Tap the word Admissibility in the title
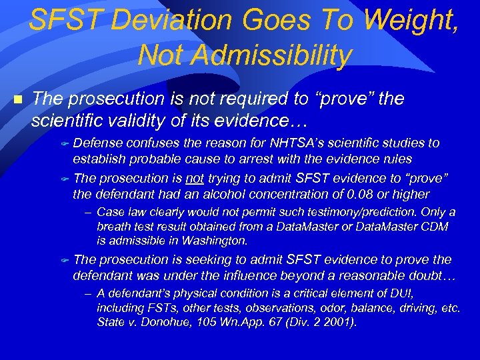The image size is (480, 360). [244, 56]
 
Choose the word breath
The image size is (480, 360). [112, 227]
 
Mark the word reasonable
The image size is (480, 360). [363, 275]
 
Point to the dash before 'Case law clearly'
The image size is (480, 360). [88, 213]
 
